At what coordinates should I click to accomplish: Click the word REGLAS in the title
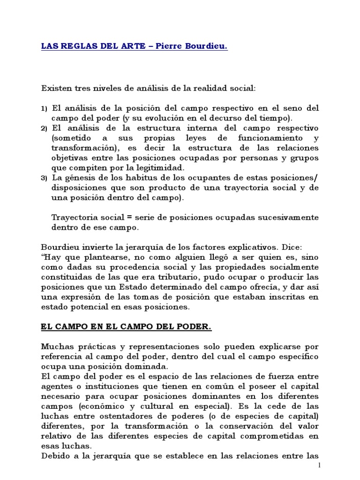(75, 48)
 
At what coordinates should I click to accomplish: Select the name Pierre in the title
(165, 48)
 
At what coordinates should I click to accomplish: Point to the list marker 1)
(45, 109)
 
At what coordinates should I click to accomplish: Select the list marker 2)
(45, 128)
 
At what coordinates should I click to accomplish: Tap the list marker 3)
(45, 179)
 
